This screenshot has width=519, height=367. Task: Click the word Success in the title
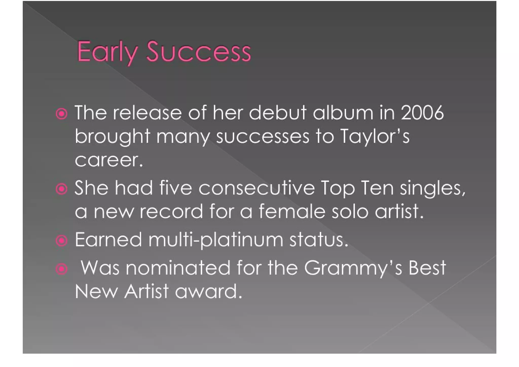[x=199, y=52]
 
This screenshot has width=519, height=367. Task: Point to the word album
[x=343, y=113]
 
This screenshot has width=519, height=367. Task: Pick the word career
[x=109, y=160]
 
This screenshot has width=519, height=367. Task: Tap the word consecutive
[x=256, y=188]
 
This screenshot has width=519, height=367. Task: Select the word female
[x=292, y=212]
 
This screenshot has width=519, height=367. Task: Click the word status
[x=319, y=240]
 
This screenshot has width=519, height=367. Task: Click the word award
[x=208, y=291]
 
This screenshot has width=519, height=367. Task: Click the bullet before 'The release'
[x=62, y=114]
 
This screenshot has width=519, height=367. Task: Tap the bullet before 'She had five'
[x=62, y=189]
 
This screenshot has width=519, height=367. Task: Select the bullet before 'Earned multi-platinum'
[x=62, y=241]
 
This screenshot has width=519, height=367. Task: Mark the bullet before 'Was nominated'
[x=62, y=269]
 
